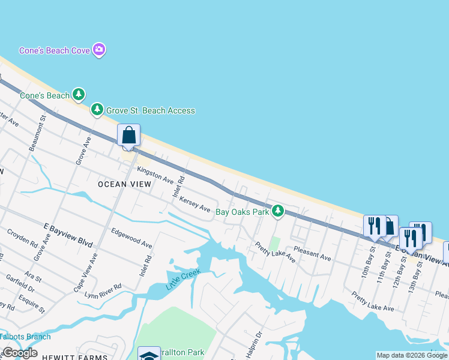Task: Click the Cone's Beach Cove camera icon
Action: (100, 50)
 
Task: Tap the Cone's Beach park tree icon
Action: (78, 95)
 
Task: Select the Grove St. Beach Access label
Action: (150, 110)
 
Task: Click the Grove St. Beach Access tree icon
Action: (97, 110)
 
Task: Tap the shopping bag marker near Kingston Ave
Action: (129, 135)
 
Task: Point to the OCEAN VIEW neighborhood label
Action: (124, 184)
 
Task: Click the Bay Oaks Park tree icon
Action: (277, 211)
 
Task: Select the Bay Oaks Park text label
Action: (242, 212)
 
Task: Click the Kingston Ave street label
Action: (155, 175)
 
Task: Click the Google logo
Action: (20, 353)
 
